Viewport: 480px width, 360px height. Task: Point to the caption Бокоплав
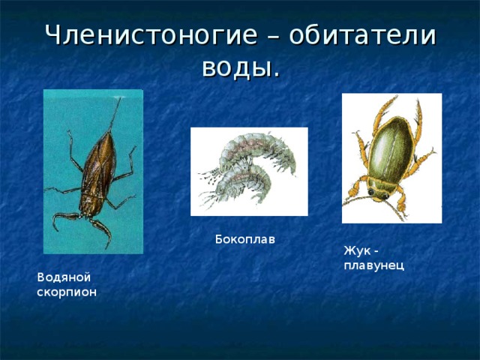click(x=244, y=240)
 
